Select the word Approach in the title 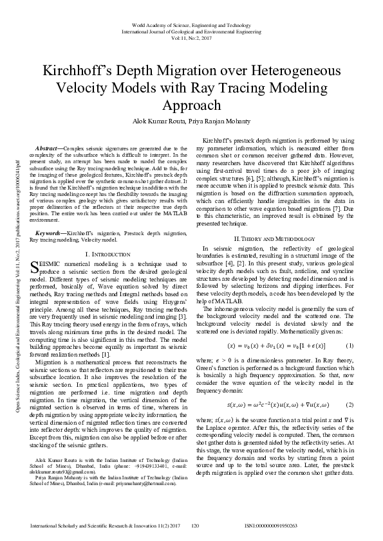[x=191, y=105]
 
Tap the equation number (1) [x=350, y=346]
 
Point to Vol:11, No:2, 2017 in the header [x=191, y=38]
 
